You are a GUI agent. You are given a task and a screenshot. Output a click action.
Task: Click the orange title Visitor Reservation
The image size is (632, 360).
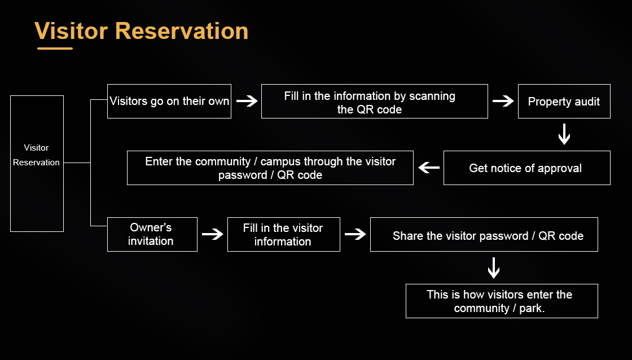[141, 31]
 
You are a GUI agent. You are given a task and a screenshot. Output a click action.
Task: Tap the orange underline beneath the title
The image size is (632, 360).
[55, 49]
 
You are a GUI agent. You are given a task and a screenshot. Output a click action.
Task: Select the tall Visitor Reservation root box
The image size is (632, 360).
[37, 164]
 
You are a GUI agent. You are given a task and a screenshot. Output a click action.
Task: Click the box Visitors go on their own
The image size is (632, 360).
[169, 102]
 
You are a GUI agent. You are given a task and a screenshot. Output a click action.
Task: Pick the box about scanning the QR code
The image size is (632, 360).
[374, 102]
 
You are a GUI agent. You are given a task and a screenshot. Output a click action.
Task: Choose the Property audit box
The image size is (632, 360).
[564, 102]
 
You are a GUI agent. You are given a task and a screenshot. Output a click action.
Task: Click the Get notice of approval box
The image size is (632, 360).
[526, 168]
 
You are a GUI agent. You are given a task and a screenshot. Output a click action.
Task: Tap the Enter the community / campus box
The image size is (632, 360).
[270, 168]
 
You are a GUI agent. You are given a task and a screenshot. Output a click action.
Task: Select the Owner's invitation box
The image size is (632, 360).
[152, 234]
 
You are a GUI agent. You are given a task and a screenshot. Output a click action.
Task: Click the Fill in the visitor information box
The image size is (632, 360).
[283, 234]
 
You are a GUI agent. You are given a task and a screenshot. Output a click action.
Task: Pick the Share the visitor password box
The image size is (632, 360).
[484, 235]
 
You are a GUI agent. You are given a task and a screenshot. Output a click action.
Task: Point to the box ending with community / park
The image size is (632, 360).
[501, 301]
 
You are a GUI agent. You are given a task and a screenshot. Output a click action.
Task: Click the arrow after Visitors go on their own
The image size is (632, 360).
[247, 102]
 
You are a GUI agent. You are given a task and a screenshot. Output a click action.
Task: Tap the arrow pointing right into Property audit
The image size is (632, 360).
[503, 102]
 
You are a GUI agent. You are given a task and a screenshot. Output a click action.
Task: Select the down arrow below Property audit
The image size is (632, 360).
[564, 135]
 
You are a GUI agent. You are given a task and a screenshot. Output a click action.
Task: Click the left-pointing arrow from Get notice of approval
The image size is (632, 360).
[429, 168]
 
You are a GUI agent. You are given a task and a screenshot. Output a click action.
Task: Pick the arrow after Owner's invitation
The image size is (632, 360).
[213, 234]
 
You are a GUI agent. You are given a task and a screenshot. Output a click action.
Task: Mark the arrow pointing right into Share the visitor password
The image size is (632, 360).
[355, 234]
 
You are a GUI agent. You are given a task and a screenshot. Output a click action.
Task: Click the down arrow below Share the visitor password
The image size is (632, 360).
[494, 268]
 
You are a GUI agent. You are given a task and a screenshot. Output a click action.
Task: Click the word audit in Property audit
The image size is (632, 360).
[587, 102]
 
